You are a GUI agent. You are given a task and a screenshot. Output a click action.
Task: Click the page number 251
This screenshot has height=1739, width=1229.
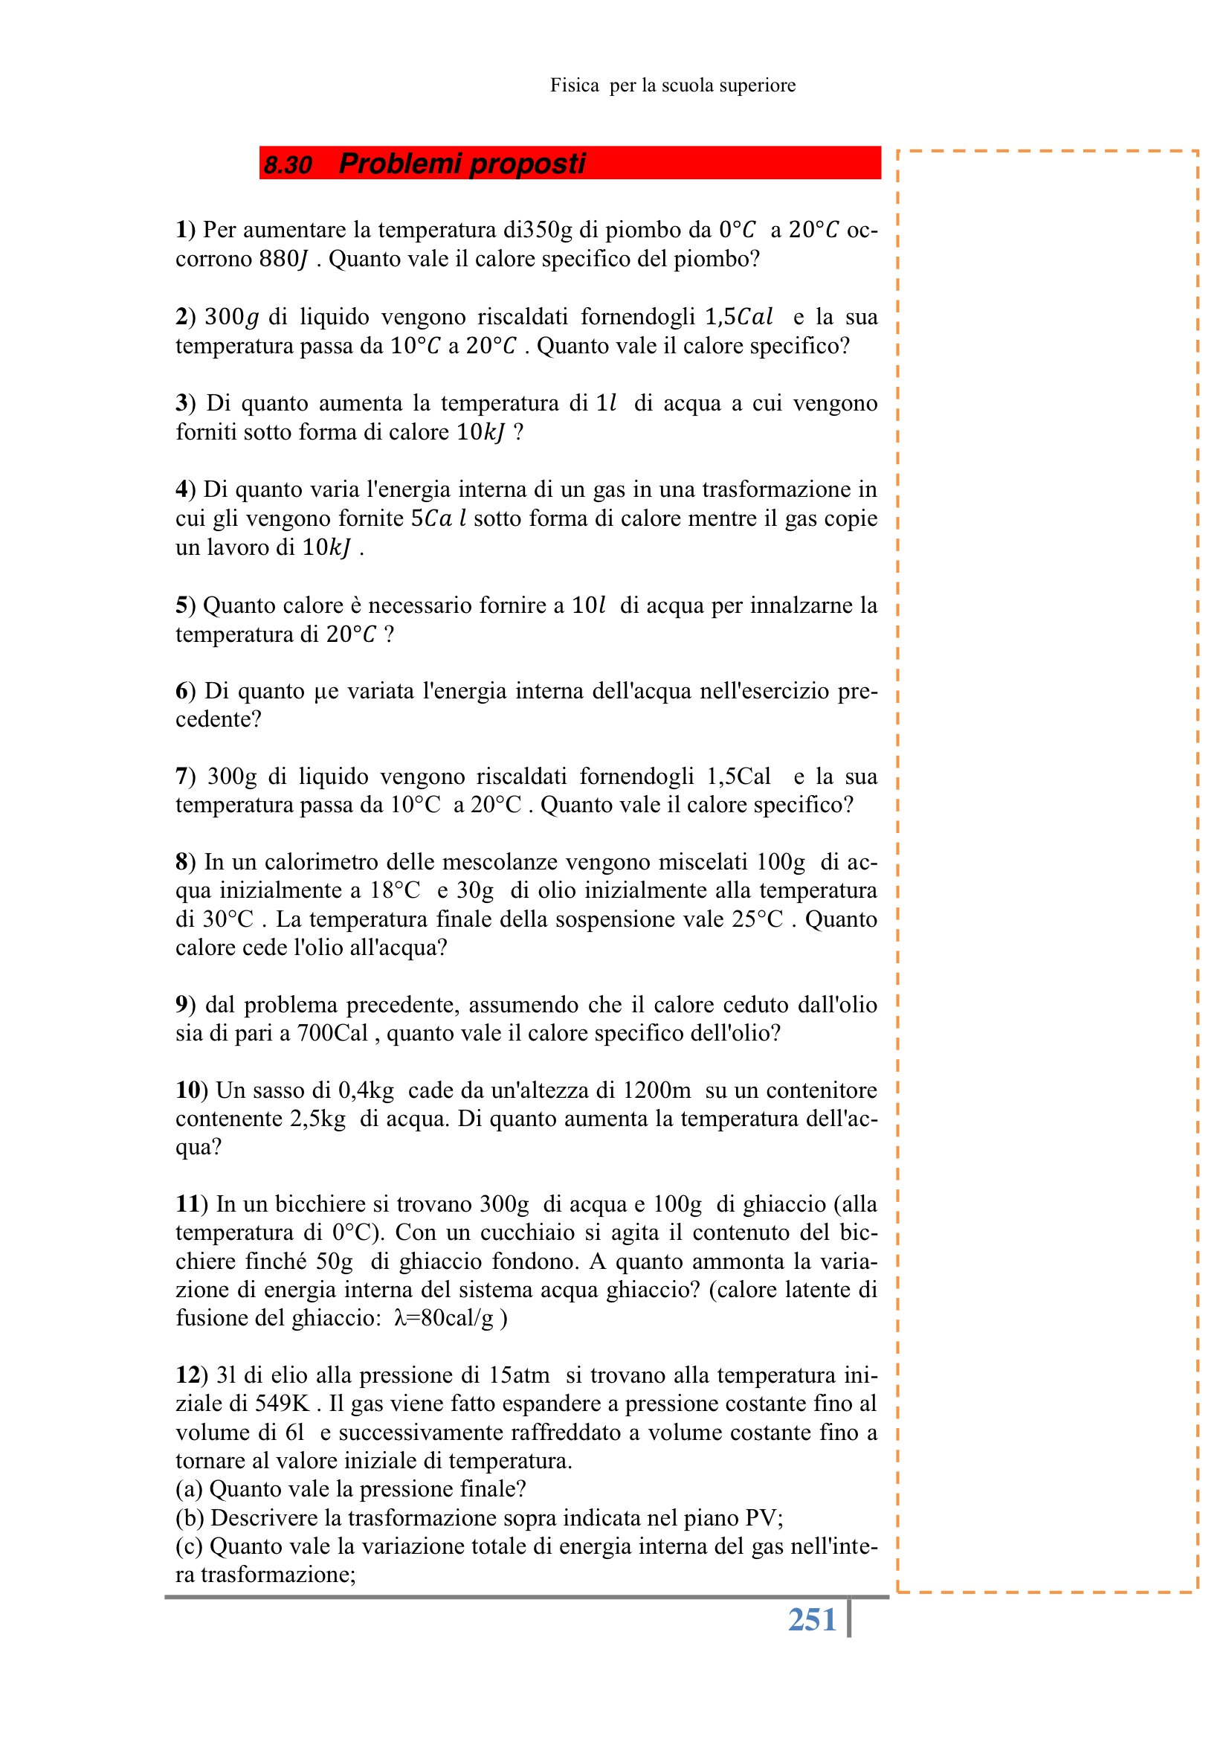point(811,1620)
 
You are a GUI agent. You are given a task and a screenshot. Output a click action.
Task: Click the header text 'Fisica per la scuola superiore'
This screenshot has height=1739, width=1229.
point(672,86)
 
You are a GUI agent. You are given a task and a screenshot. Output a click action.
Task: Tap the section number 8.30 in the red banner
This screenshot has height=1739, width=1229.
point(288,164)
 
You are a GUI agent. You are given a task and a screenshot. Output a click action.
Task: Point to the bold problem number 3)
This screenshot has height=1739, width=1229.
point(186,403)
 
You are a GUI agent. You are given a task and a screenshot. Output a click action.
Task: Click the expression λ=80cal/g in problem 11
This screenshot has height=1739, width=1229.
point(444,1318)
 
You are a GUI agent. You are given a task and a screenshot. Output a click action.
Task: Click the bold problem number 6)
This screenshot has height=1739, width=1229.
point(186,691)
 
